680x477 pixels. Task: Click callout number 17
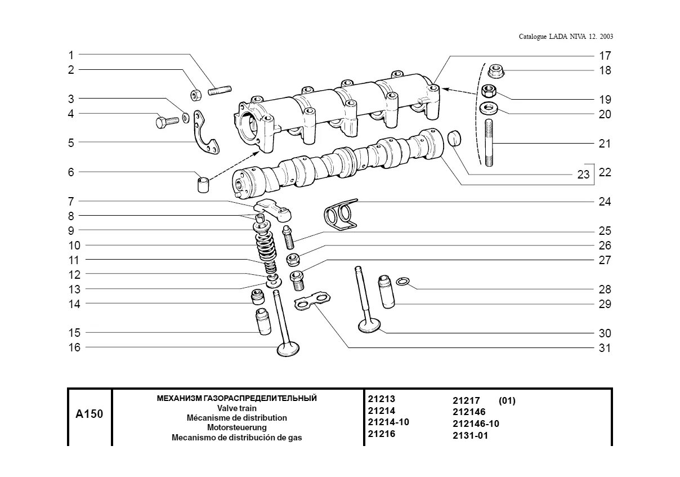click(605, 56)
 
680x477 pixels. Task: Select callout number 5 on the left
click(71, 143)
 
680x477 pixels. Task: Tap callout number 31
click(605, 348)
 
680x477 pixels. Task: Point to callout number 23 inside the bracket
click(583, 175)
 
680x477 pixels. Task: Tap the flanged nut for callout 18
click(495, 71)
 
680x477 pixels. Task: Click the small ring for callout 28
click(403, 281)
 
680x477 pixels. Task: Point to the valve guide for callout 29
click(387, 291)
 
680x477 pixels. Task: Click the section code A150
click(89, 414)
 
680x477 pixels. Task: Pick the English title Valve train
click(236, 408)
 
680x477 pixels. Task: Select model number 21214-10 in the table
click(388, 422)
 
